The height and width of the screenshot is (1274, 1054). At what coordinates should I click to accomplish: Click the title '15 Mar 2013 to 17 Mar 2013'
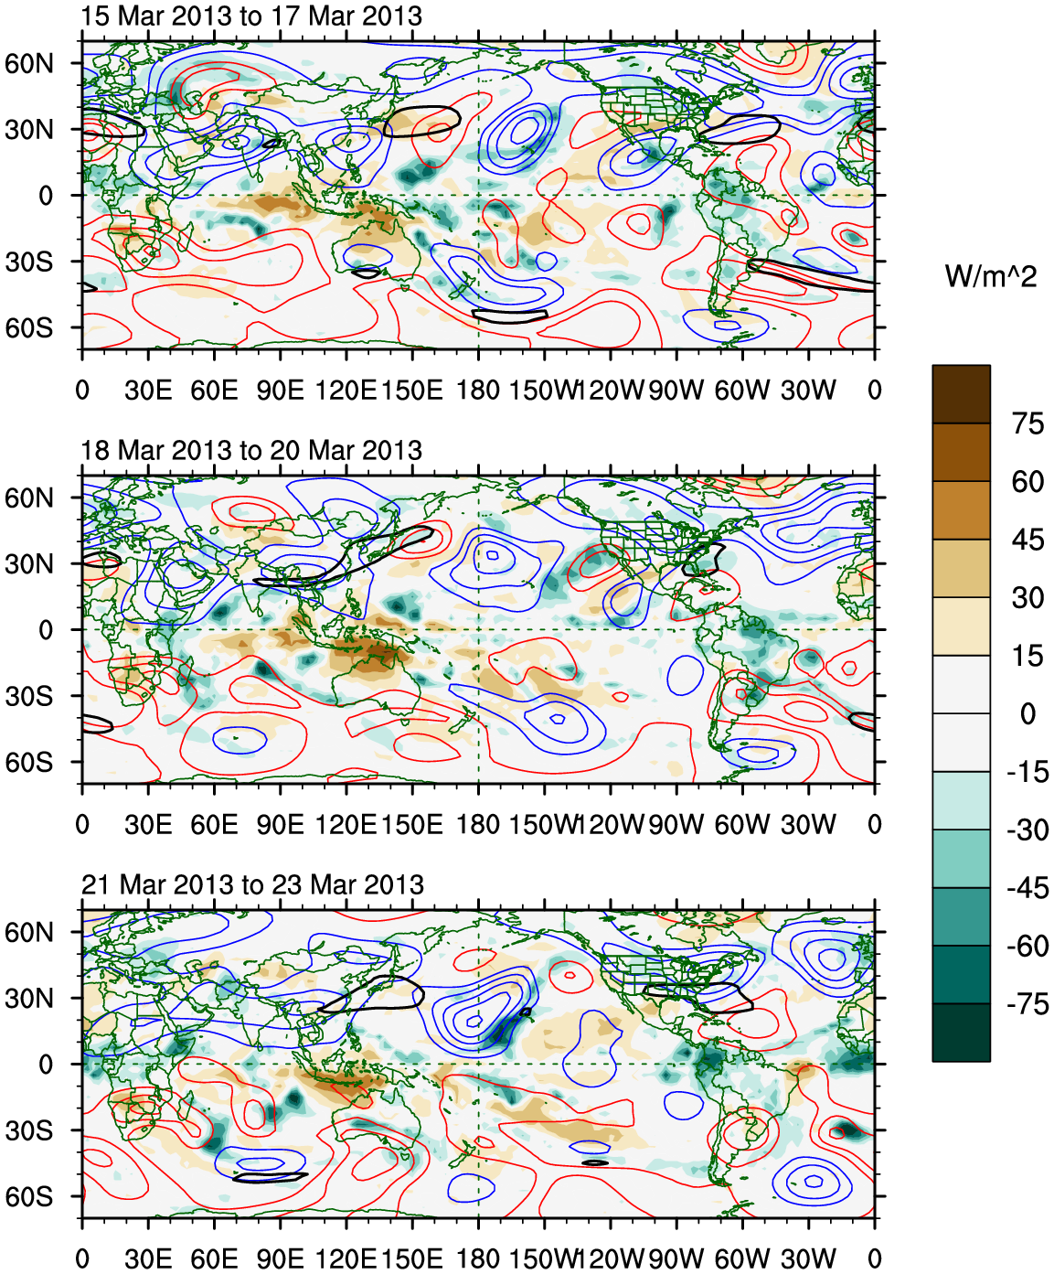[251, 16]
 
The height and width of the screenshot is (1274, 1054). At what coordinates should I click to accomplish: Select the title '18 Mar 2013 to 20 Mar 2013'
[251, 451]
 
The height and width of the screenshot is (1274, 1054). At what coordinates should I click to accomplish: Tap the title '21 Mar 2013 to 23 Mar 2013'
[252, 885]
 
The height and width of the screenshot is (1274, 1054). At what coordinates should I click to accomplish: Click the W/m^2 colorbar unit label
[991, 276]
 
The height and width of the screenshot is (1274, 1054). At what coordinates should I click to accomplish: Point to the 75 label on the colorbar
[1027, 423]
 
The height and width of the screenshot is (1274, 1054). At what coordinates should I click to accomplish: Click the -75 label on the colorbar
[1027, 1004]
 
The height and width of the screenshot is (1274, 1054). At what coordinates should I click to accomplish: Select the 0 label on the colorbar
[1027, 713]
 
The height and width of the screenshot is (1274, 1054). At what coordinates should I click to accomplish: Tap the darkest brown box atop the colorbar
[961, 394]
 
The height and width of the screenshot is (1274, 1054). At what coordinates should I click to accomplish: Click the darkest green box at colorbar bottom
[961, 1033]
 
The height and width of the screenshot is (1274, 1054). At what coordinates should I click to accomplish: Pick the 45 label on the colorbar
[1027, 540]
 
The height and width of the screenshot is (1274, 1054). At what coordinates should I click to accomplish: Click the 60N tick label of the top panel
[29, 63]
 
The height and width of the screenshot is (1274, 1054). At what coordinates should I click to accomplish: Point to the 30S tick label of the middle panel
[29, 696]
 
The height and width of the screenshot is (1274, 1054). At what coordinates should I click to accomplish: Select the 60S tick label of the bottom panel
[29, 1196]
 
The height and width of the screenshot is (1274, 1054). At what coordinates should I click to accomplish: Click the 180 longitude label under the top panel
[478, 391]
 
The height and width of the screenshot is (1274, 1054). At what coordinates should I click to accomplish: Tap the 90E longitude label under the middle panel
[280, 825]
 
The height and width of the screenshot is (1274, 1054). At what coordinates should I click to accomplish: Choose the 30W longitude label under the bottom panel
[808, 1259]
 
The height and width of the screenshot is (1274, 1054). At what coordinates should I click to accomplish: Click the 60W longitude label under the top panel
[741, 391]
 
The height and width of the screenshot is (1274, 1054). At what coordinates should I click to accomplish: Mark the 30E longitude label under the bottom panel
[148, 1259]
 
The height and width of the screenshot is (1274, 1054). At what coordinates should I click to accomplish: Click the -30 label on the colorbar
[1027, 830]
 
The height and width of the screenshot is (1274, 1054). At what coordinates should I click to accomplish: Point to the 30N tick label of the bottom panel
[29, 998]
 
